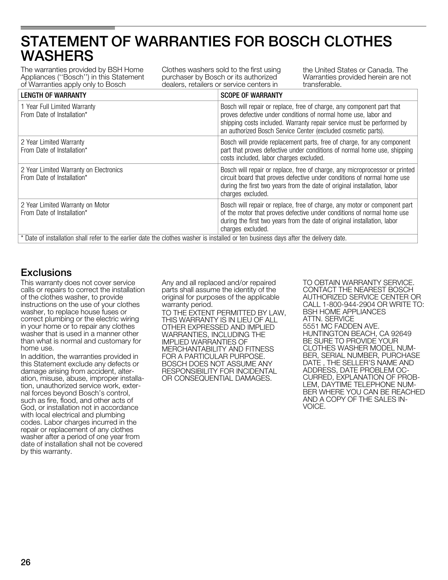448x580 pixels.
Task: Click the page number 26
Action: coord(26,562)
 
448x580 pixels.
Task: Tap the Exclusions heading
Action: coord(46,272)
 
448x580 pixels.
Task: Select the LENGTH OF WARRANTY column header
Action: coord(53,95)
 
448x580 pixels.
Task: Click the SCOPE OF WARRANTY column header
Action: coord(251,95)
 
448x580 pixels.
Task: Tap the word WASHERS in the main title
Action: coord(57,56)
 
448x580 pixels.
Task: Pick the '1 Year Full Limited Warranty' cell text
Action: coord(58,107)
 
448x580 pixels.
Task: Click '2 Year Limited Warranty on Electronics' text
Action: coord(72,170)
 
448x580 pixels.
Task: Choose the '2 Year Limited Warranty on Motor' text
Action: coord(65,205)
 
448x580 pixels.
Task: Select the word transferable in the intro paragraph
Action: coord(322,85)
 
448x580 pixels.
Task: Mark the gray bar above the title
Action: coord(68,28)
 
